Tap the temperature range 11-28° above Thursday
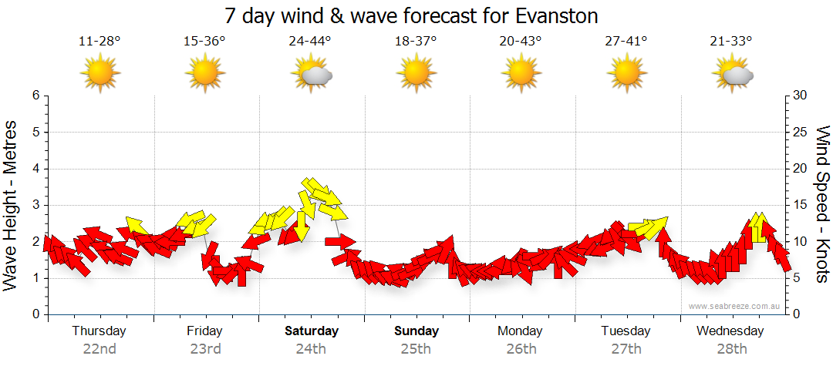[99, 41]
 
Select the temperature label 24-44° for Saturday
[310, 41]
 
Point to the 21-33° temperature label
[731, 41]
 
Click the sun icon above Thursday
[100, 74]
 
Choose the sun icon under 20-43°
[521, 74]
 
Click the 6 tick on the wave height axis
[35, 96]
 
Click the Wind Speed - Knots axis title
[822, 205]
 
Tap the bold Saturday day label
[312, 331]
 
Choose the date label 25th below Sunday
[416, 348]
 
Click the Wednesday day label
[730, 331]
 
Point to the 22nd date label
[99, 348]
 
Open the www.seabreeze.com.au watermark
[735, 307]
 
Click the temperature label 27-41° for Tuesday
[626, 41]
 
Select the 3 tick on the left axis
[35, 205]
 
